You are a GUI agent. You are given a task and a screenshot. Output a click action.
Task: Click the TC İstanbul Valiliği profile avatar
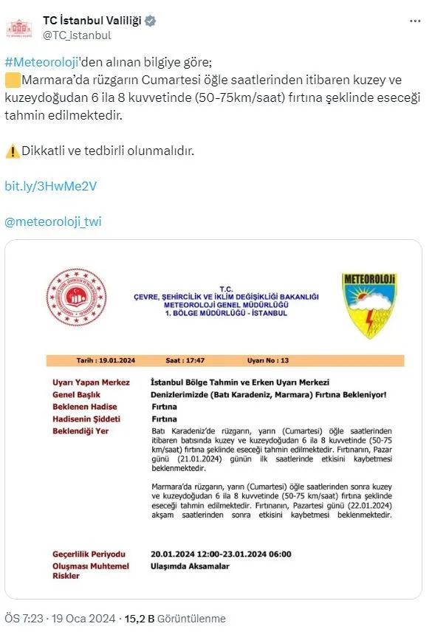[x=19, y=27]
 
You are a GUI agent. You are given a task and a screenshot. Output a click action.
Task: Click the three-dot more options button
[x=414, y=21]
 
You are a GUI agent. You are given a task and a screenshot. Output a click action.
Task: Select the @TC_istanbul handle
[x=77, y=35]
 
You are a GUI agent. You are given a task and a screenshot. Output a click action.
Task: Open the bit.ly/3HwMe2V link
[x=51, y=185]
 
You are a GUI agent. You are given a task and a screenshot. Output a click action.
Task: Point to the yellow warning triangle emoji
[x=12, y=151]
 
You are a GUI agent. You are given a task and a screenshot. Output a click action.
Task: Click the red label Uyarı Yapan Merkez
[x=91, y=382]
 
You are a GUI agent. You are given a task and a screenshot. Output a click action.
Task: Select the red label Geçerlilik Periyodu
[x=89, y=554]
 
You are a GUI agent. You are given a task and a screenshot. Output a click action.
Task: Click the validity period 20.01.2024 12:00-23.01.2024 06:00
[x=221, y=554]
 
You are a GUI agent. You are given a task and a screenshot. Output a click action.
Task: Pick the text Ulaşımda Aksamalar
[x=190, y=566]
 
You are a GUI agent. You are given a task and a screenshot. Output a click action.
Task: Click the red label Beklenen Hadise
[x=85, y=406]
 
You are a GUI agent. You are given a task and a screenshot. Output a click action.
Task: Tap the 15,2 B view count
[x=140, y=619]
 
